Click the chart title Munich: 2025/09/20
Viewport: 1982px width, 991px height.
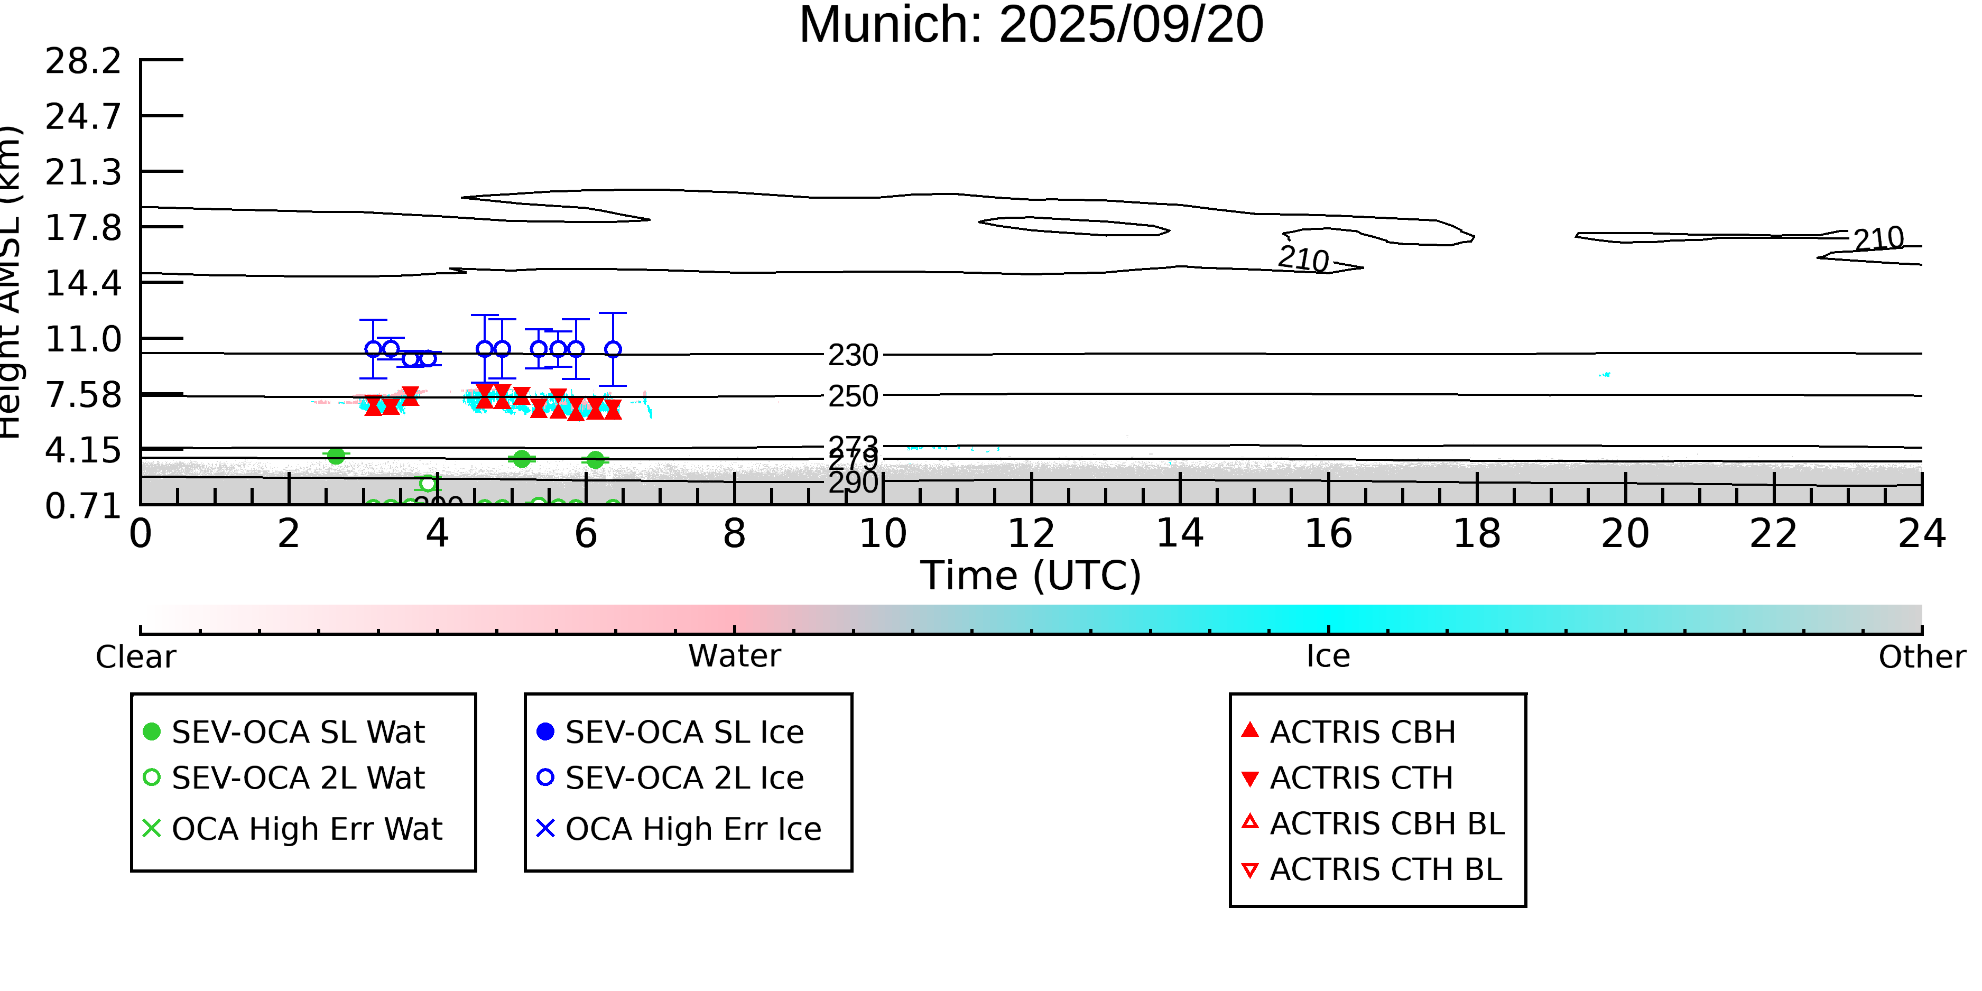tap(1031, 25)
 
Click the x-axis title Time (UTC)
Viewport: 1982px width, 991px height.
tap(1031, 576)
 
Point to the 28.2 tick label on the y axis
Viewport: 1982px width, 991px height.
tap(83, 61)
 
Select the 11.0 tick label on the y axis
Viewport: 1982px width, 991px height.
tap(83, 339)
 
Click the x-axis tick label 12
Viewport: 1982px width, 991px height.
tap(1031, 534)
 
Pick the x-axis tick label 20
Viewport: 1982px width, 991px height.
tap(1625, 534)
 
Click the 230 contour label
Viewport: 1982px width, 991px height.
tap(853, 356)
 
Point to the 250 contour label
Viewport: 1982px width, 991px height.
tap(853, 396)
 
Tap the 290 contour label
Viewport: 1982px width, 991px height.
tap(853, 483)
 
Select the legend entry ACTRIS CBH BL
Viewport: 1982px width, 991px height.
tap(1386, 824)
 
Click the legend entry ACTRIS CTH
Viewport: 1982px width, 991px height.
tap(1361, 778)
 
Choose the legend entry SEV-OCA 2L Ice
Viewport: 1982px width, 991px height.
tap(684, 778)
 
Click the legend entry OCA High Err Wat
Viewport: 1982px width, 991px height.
tap(306, 829)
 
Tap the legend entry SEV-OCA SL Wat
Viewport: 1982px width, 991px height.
tap(298, 731)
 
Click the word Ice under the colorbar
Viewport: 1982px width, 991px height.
tap(1328, 656)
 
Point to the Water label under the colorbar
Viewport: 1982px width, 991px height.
tap(734, 656)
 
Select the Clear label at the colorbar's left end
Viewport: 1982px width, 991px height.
tap(135, 657)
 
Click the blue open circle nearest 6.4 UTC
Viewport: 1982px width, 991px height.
tap(613, 349)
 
